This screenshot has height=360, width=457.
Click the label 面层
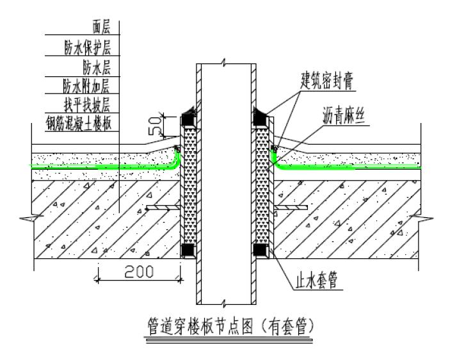(102, 27)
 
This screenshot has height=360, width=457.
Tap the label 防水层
(97, 66)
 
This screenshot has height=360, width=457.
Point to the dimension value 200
(138, 271)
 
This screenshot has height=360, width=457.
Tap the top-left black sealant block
(188, 119)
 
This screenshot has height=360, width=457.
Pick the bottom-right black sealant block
(261, 250)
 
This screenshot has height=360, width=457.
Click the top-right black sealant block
(261, 118)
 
